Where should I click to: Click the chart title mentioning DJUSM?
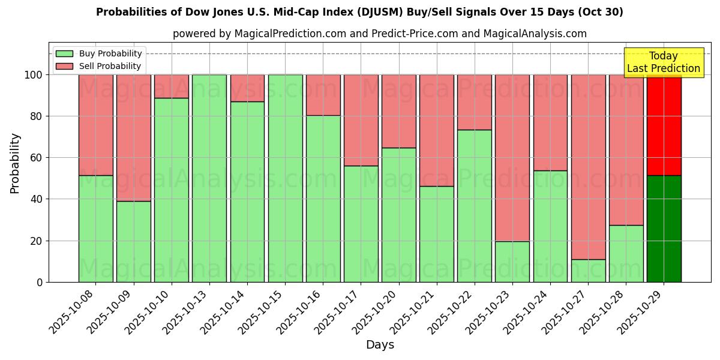coord(359,12)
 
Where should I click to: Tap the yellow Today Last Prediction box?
coord(663,62)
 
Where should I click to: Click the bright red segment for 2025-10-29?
coord(664,125)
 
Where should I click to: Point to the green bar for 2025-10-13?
coord(209,178)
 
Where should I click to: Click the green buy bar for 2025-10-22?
coord(474,206)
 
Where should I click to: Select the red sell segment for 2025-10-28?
coord(626,150)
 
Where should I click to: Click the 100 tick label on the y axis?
coord(33,75)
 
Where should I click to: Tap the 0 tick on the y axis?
coord(40,282)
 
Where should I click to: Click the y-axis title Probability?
coord(15,163)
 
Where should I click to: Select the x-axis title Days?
coord(380,345)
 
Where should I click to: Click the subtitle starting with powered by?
coord(379,34)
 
